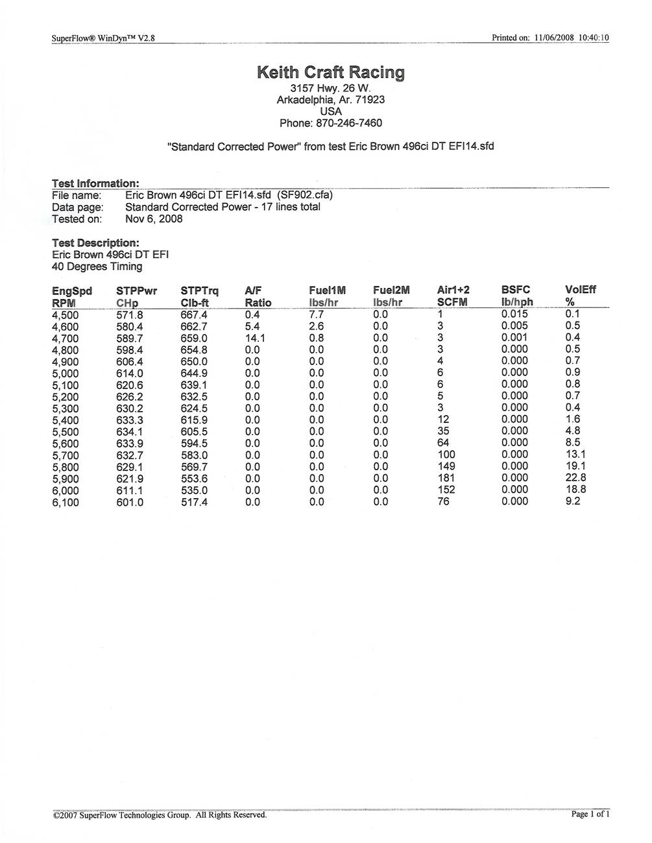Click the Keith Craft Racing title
[331, 72]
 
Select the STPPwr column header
[136, 291]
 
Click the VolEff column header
[580, 290]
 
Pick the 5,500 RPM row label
[65, 432]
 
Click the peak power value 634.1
[130, 432]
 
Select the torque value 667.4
[194, 315]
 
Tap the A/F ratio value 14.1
[255, 338]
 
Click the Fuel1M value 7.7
[316, 315]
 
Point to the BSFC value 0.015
[514, 315]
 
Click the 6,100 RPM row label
[65, 502]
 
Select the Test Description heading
[95, 243]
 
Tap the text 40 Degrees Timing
[97, 267]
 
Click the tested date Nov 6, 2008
[154, 219]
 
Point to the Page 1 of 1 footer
[590, 814]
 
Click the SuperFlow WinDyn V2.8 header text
[103, 38]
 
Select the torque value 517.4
[194, 502]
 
